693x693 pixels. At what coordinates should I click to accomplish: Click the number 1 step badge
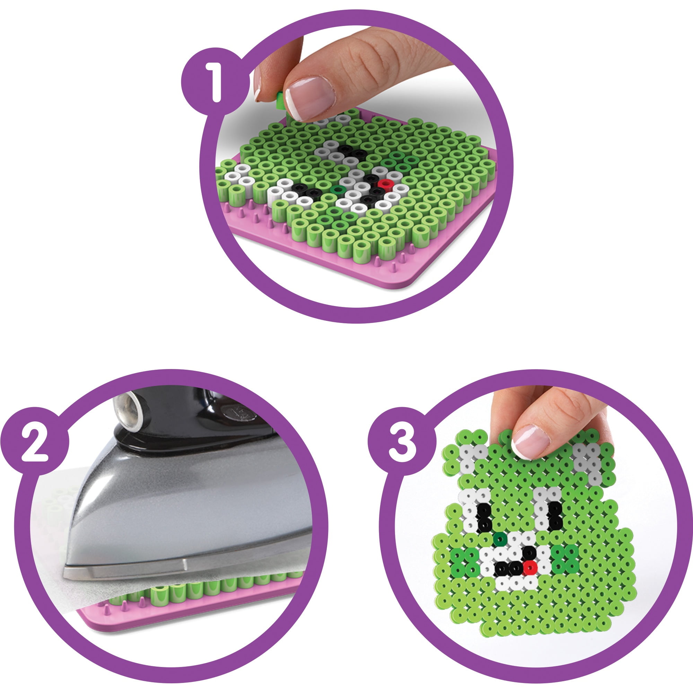click(215, 82)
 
